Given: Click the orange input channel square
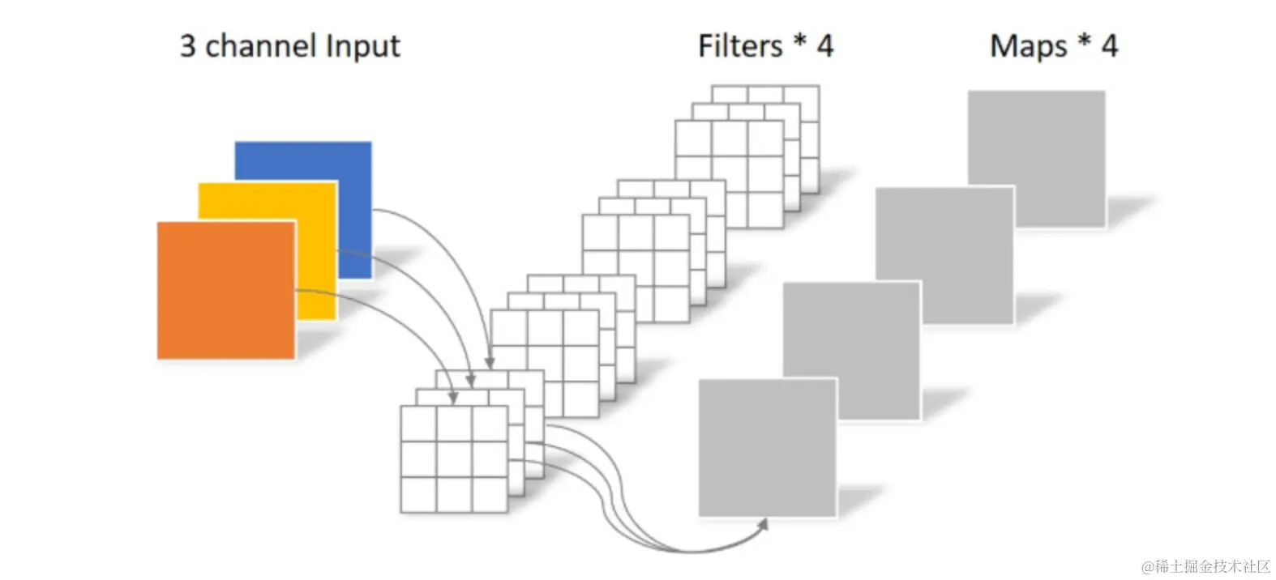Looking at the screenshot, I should [225, 290].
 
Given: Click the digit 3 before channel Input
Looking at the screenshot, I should [188, 46].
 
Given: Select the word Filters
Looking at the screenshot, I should [740, 46].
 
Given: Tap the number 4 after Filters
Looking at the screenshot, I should [824, 46].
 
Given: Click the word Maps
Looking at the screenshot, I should [1028, 46].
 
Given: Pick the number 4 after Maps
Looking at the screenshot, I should [1109, 46].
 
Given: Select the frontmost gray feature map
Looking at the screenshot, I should [767, 448].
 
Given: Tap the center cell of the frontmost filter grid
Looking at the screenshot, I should [454, 459].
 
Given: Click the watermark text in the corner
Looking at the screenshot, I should [1205, 566].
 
